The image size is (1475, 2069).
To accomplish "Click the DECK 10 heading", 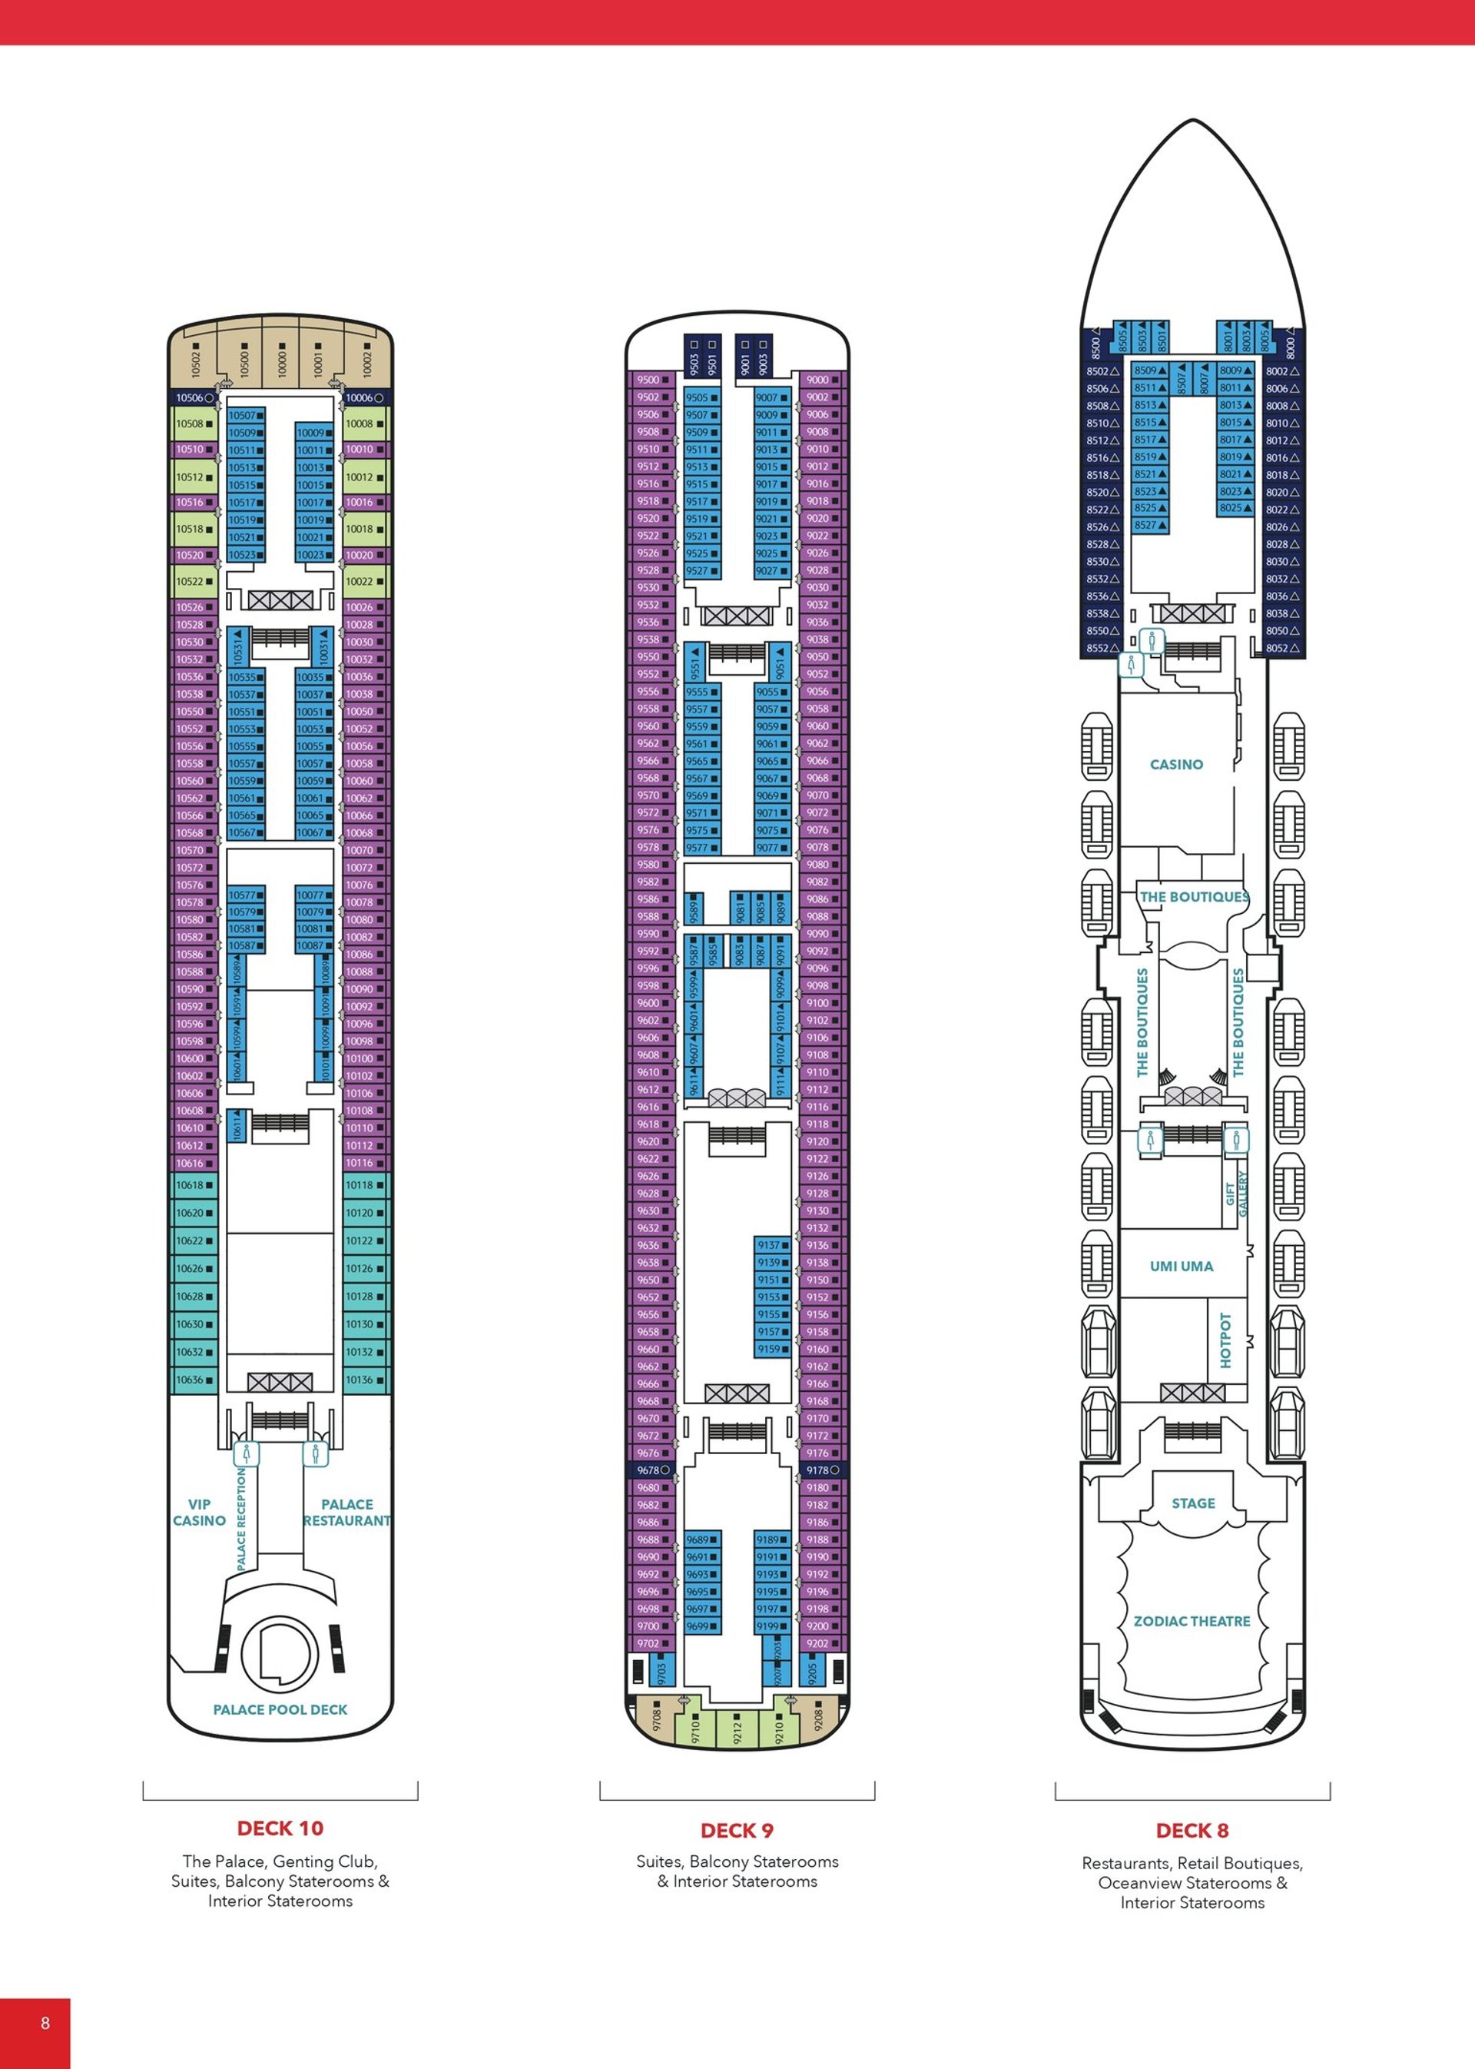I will click(280, 1828).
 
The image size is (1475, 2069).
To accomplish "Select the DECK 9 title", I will click(737, 1830).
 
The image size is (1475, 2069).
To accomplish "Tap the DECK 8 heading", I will click(1192, 1830).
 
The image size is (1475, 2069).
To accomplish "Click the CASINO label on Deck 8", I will click(1176, 764).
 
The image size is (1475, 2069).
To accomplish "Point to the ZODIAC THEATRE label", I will click(1192, 1621).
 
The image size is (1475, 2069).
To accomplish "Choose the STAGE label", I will click(1192, 1503).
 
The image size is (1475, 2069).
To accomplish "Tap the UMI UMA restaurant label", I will click(1181, 1266).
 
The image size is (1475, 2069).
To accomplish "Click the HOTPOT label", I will click(1225, 1340).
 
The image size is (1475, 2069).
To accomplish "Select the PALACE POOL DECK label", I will click(280, 1709).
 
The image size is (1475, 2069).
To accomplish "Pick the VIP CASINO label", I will click(199, 1512).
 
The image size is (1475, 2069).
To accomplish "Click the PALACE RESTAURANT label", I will click(347, 1512).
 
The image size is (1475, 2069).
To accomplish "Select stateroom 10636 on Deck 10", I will click(194, 1380).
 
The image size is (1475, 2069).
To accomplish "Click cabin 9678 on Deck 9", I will click(651, 1470).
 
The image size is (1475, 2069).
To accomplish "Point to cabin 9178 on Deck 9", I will click(821, 1470).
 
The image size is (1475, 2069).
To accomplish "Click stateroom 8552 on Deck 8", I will click(1101, 648).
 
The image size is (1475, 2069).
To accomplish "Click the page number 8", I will click(45, 2023).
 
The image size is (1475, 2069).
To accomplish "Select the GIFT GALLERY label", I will click(1236, 1193).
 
